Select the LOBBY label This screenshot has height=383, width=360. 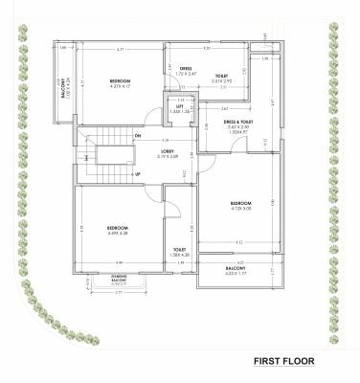tap(167, 150)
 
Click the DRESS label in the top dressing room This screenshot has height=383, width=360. tap(186, 68)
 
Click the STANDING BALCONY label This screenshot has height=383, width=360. tap(119, 278)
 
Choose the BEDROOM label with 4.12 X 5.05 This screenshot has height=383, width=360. tap(239, 203)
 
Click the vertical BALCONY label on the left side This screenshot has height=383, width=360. tap(66, 87)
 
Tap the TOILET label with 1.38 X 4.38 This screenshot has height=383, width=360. tap(179, 252)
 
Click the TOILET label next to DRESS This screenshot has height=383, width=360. tap(221, 76)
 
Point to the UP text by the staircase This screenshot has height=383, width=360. tap(138, 173)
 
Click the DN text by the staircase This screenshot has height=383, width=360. tap(138, 136)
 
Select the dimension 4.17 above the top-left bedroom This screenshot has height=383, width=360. tap(120, 49)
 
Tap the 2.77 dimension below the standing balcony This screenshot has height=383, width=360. tap(119, 293)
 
